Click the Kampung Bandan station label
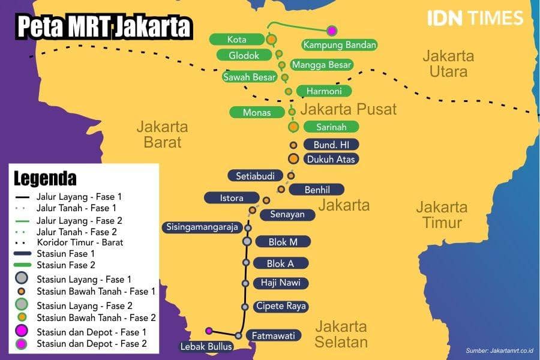(340, 45)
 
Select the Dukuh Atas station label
(332, 160)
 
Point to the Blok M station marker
(247, 241)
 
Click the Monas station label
(257, 112)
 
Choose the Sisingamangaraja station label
(202, 227)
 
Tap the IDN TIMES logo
(475, 18)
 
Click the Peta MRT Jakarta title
(104, 27)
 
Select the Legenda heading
(45, 178)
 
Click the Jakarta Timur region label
(442, 215)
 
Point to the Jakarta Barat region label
(162, 134)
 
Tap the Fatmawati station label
(274, 336)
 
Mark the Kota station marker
(271, 40)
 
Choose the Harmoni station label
(324, 91)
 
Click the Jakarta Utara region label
(448, 64)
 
